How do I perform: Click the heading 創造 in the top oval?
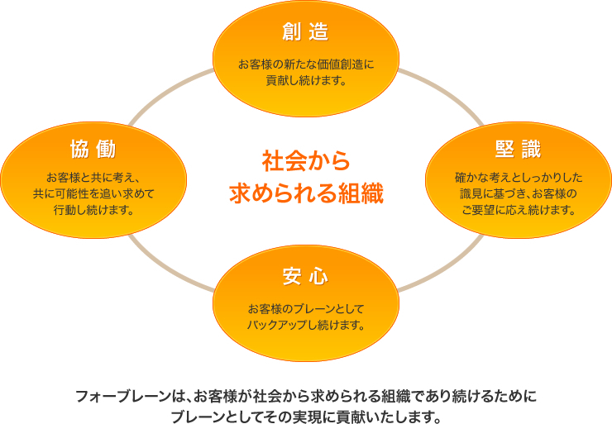[305, 31]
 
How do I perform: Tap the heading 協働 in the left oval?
[93, 149]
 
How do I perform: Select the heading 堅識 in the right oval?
[518, 149]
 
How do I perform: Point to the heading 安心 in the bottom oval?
[305, 277]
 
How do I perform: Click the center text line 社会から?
[306, 160]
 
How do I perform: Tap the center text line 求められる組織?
[306, 193]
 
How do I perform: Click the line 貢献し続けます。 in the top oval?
[306, 80]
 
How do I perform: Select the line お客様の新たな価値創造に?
[306, 64]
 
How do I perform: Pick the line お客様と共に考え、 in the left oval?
[93, 178]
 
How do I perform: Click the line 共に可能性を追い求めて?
[93, 193]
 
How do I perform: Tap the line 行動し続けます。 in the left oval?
[93, 210]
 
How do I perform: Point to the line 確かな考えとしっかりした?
[519, 178]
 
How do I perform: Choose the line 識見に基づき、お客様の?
[519, 193]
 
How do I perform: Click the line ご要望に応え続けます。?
[519, 210]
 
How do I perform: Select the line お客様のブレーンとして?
[306, 309]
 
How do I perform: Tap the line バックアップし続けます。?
[306, 325]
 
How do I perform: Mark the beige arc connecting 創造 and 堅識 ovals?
[446, 91]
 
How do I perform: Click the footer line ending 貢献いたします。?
[306, 417]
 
